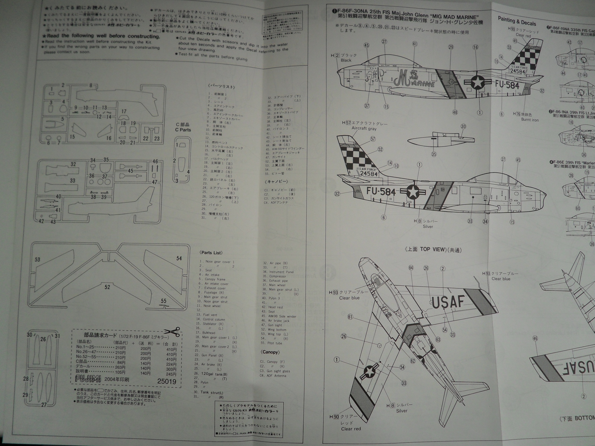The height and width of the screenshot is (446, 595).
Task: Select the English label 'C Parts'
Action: point(183,130)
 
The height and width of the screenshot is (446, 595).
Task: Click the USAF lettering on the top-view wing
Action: point(448,303)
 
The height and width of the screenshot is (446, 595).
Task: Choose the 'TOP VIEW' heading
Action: point(427,249)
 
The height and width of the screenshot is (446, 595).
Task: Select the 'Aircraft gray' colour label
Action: point(364,128)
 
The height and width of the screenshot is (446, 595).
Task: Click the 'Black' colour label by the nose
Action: point(345,60)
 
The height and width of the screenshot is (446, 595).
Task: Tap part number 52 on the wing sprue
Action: point(107,287)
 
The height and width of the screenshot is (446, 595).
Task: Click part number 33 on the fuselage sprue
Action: point(73,181)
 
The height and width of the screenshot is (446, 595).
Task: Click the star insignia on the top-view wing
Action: point(369,371)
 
